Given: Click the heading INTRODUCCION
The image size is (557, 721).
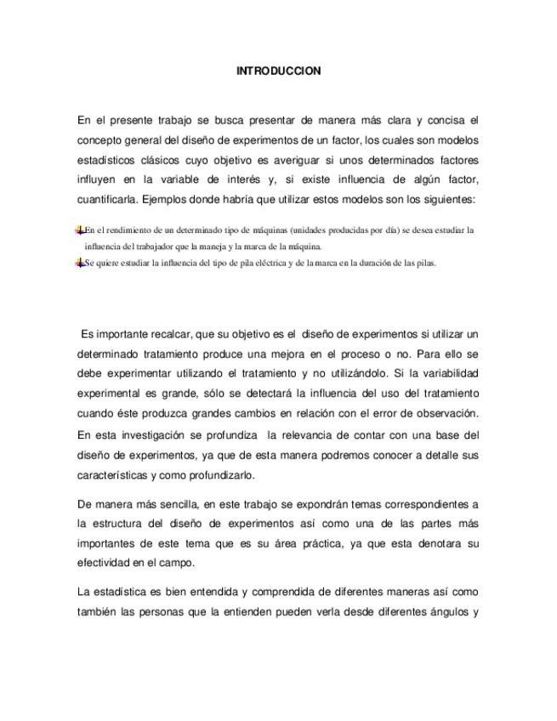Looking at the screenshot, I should coord(278,71).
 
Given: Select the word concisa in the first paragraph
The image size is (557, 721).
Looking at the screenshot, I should coord(440,121).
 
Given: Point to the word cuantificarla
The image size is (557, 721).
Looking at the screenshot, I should coord(107,201).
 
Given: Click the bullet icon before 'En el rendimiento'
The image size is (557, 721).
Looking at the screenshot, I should coord(80,230).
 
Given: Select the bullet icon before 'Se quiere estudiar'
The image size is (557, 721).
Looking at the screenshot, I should coord(80,263).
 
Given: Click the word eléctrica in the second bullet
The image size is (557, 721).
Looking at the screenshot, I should coord(253,264).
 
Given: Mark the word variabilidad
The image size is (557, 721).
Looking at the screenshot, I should coord(448,373).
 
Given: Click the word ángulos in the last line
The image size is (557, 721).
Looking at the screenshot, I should coord(441,611).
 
